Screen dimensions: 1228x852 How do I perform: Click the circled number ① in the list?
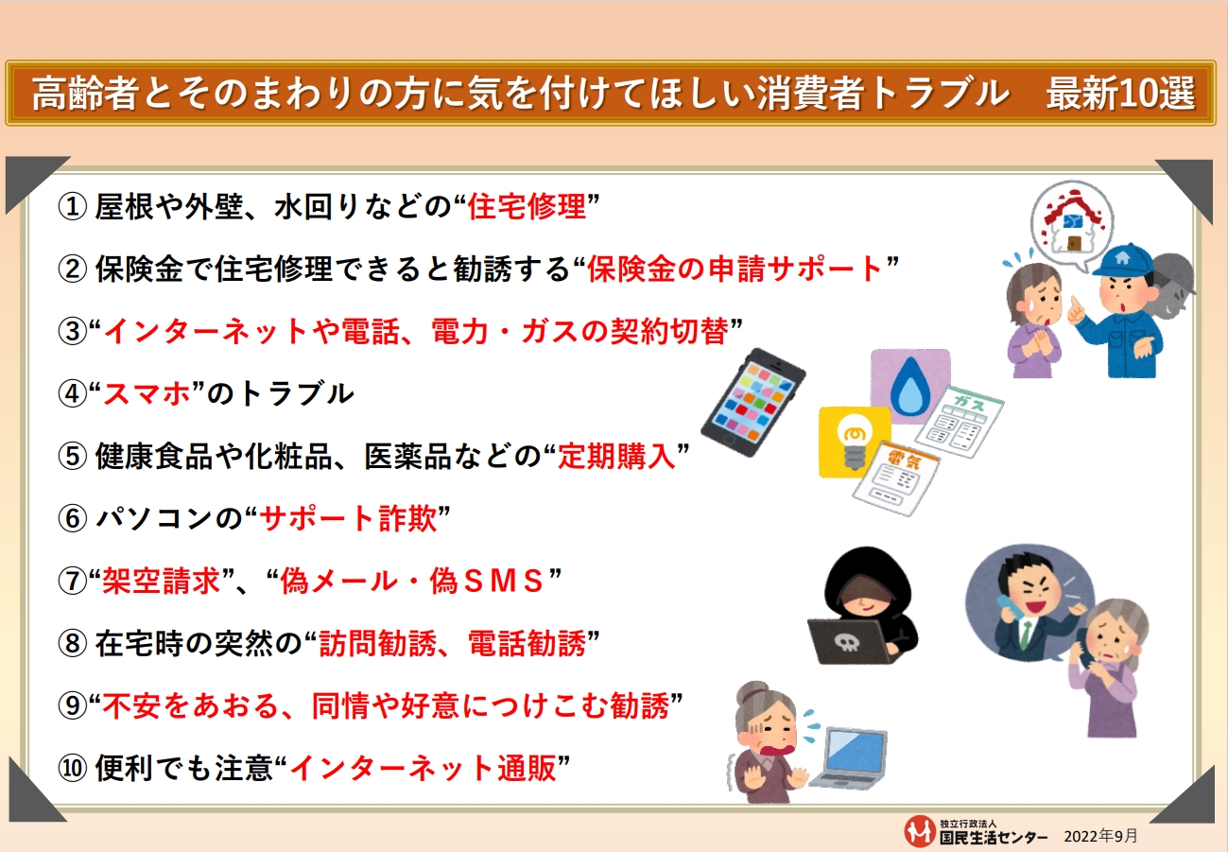pos(72,207)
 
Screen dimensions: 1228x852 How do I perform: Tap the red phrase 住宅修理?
pos(527,207)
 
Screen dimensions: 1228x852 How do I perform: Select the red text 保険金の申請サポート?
pos(735,270)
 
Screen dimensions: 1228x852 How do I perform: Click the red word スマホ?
pos(147,393)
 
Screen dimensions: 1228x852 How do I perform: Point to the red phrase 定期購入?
pos(616,456)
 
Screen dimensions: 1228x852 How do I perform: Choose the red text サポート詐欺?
pos(348,518)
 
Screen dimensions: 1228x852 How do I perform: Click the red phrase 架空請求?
pos(161,581)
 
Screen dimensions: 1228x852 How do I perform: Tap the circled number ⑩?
pos(72,768)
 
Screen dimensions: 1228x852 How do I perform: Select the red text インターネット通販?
pos(423,768)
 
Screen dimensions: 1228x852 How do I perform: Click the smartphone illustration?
pos(752,402)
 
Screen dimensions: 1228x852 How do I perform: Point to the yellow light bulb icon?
pos(855,442)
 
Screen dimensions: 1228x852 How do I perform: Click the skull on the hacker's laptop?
pos(847,641)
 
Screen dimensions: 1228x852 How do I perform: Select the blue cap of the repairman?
pos(1125,262)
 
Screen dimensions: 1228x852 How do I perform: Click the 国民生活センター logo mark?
pos(920,831)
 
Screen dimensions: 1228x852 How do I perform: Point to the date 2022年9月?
pos(1100,836)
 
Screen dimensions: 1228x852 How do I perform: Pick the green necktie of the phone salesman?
pos(1024,634)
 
